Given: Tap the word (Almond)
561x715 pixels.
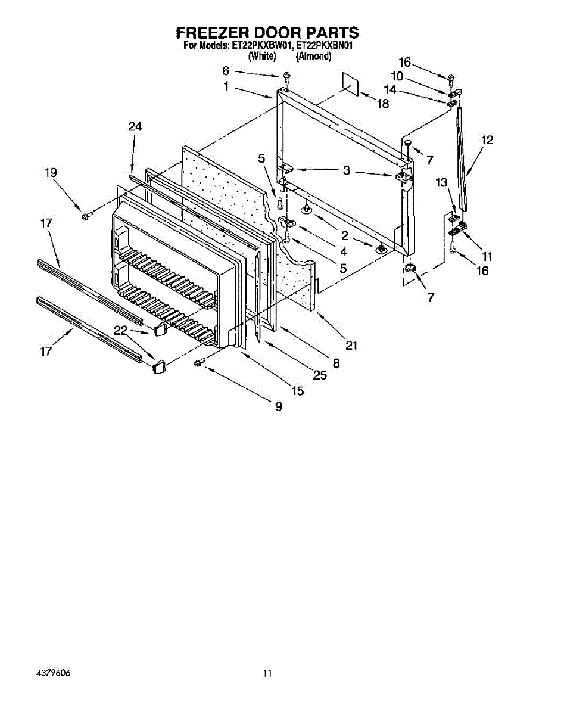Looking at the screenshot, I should point(314,56).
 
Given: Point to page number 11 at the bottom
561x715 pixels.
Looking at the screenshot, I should point(268,673).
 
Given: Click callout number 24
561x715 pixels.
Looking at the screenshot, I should point(135,126).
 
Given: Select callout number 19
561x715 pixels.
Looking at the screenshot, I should point(51,173).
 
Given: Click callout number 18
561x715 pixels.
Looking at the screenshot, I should point(382,103).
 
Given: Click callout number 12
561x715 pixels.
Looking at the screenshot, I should point(487,141).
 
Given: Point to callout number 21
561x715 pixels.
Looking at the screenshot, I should point(351,345).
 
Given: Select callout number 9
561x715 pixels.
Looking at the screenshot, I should point(278,406).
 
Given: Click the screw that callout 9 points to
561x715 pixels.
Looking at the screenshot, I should point(199,362).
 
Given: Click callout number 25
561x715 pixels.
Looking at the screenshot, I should point(320,375).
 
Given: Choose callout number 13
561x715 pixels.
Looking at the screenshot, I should point(441,182).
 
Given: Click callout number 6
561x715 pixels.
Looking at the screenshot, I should point(226,71).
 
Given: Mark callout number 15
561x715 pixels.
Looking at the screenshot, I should point(297,390).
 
